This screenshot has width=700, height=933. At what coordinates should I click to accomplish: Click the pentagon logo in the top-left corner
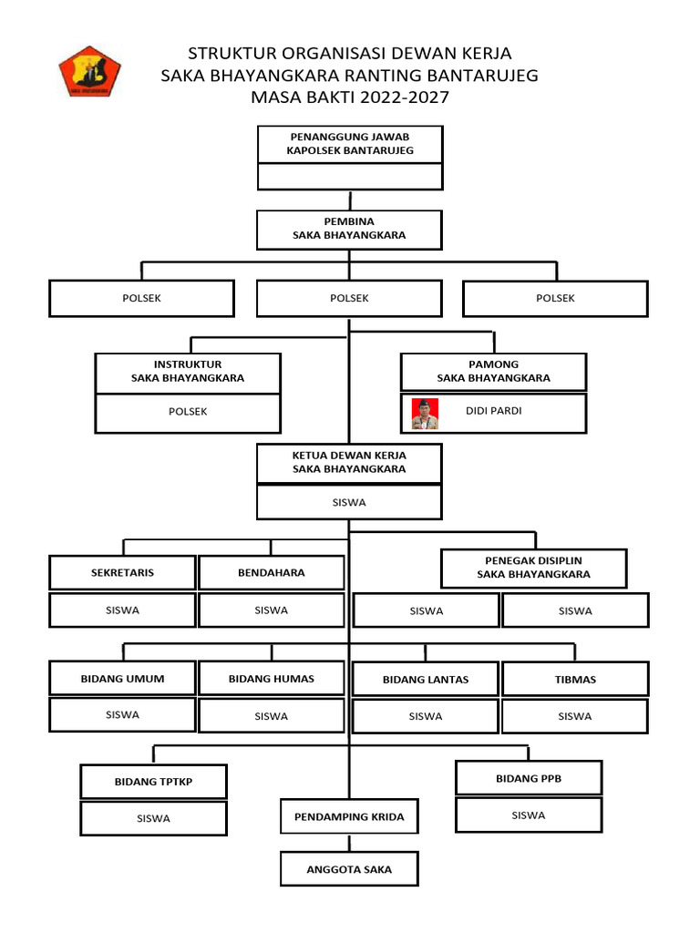tap(89, 72)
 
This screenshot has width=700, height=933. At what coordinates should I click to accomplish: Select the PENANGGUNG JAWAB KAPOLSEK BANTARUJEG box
tap(350, 144)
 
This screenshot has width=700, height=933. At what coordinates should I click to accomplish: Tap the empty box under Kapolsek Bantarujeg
tap(350, 176)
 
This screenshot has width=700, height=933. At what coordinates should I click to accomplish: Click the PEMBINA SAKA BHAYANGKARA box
tap(349, 229)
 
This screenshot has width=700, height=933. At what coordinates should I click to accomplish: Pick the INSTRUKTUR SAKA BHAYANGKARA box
tap(188, 372)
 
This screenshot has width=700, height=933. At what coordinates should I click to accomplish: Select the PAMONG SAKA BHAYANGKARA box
tap(493, 372)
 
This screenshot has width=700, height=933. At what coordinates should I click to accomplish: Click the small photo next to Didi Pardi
tap(425, 413)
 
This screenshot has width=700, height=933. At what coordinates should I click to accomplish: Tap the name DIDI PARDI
tap(493, 411)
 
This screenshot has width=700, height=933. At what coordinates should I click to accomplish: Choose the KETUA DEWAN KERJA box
tap(349, 463)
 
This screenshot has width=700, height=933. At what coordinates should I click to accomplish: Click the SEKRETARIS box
tap(122, 573)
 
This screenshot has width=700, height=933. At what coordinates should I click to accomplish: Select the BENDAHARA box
tap(272, 573)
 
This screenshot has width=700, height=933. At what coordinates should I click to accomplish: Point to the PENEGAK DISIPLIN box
tap(533, 568)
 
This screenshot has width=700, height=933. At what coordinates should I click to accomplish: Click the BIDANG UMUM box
tap(122, 678)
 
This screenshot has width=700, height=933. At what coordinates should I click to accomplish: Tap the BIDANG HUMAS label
tap(272, 679)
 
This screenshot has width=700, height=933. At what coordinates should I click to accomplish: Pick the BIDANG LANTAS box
tap(426, 680)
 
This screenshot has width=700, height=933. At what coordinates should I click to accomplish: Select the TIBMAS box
tap(575, 680)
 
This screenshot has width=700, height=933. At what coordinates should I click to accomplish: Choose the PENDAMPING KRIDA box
tap(349, 816)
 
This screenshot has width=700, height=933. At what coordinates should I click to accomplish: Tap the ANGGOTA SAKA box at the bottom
tap(349, 869)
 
